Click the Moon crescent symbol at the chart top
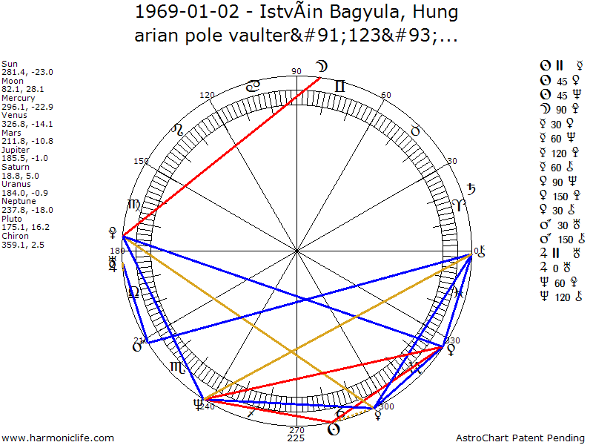pyautogui.click(x=322, y=68)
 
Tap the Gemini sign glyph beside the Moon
pyautogui.click(x=339, y=87)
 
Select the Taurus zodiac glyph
pyautogui.click(x=415, y=130)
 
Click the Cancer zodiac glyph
pyautogui.click(x=253, y=87)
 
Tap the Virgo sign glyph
pyautogui.click(x=134, y=205)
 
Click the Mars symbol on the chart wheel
pyautogui.click(x=136, y=345)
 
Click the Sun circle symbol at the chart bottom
pyautogui.click(x=334, y=429)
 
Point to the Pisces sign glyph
pyautogui.click(x=459, y=291)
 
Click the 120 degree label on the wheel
pyautogui.click(x=207, y=95)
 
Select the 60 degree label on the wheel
pyautogui.click(x=385, y=95)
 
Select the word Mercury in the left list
pyautogui.click(x=18, y=97)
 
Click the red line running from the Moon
pyautogui.click(x=222, y=156)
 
